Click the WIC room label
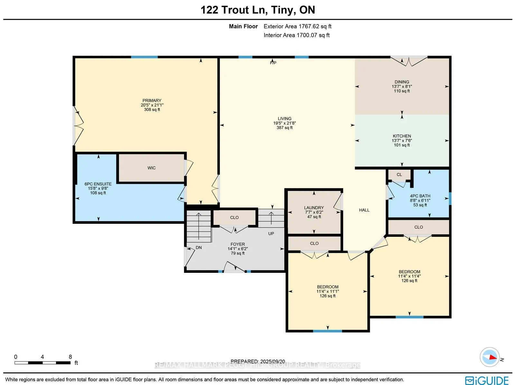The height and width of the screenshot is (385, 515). coord(151,168)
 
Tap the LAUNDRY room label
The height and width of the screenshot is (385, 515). coord(314,208)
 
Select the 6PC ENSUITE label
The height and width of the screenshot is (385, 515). coord(98,184)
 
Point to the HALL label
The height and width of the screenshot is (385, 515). coord(364,210)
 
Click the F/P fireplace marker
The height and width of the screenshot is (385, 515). coord(273,63)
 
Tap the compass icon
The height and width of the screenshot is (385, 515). coord(490,357)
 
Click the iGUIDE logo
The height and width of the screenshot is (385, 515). coord(487,380)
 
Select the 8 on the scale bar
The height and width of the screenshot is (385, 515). coord(70,357)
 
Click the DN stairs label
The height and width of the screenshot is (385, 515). coord(199,248)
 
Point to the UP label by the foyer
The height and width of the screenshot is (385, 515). coord(271,234)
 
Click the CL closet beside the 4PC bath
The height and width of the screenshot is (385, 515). coord(399,175)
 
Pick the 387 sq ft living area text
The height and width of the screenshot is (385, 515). coord(285,128)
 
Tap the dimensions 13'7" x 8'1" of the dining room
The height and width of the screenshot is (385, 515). coord(402,86)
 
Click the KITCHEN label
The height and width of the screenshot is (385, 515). coord(402,136)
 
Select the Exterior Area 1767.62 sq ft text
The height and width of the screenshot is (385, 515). coord(297,26)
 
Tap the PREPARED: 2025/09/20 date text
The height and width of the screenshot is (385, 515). coord(258,362)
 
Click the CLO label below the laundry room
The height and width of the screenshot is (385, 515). coord(314,244)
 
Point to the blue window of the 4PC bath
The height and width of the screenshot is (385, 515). coord(450,198)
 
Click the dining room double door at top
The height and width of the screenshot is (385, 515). coord(409,61)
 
